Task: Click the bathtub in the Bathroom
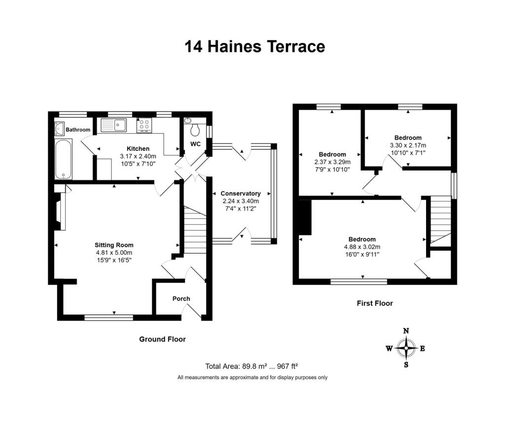(x=64, y=159)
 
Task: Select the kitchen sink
(x=114, y=125)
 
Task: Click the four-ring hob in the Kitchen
(x=144, y=125)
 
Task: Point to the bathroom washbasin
(x=60, y=129)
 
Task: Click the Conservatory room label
(x=241, y=193)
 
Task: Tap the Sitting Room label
(x=114, y=245)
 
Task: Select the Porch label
(x=181, y=299)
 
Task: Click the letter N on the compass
(x=406, y=331)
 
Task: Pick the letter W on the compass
(x=390, y=348)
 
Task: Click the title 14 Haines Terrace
(x=255, y=46)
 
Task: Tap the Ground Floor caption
(x=162, y=339)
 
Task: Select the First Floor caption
(x=375, y=303)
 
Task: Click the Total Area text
(x=252, y=366)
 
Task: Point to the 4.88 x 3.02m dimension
(x=362, y=247)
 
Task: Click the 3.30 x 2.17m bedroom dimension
(x=408, y=145)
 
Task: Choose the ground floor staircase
(x=195, y=230)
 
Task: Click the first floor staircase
(x=440, y=221)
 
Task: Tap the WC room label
(x=195, y=144)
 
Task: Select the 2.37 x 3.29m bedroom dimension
(x=332, y=162)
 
